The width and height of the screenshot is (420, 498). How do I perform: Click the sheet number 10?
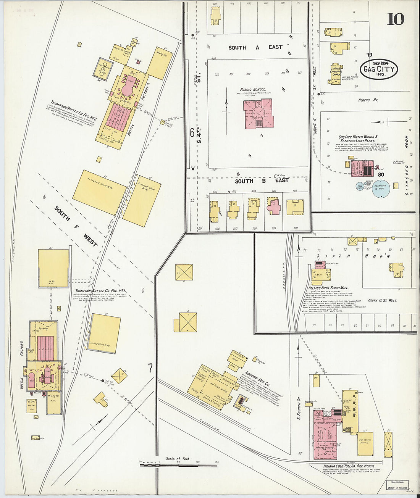click(x=395, y=19)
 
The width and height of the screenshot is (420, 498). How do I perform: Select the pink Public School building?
click(x=259, y=114)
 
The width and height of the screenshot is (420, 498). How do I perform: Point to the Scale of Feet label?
click(x=178, y=459)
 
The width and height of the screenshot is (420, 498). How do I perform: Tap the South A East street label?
click(x=255, y=47)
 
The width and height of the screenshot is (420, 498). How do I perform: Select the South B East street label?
click(x=262, y=181)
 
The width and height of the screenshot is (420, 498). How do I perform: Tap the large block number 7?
click(x=150, y=368)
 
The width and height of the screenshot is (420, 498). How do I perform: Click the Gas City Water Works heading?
click(x=358, y=139)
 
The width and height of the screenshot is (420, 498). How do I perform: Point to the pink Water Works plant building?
click(x=362, y=168)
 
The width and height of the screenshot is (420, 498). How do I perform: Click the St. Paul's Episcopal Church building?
click(x=336, y=74)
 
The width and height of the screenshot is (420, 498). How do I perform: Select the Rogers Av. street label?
click(x=368, y=100)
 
